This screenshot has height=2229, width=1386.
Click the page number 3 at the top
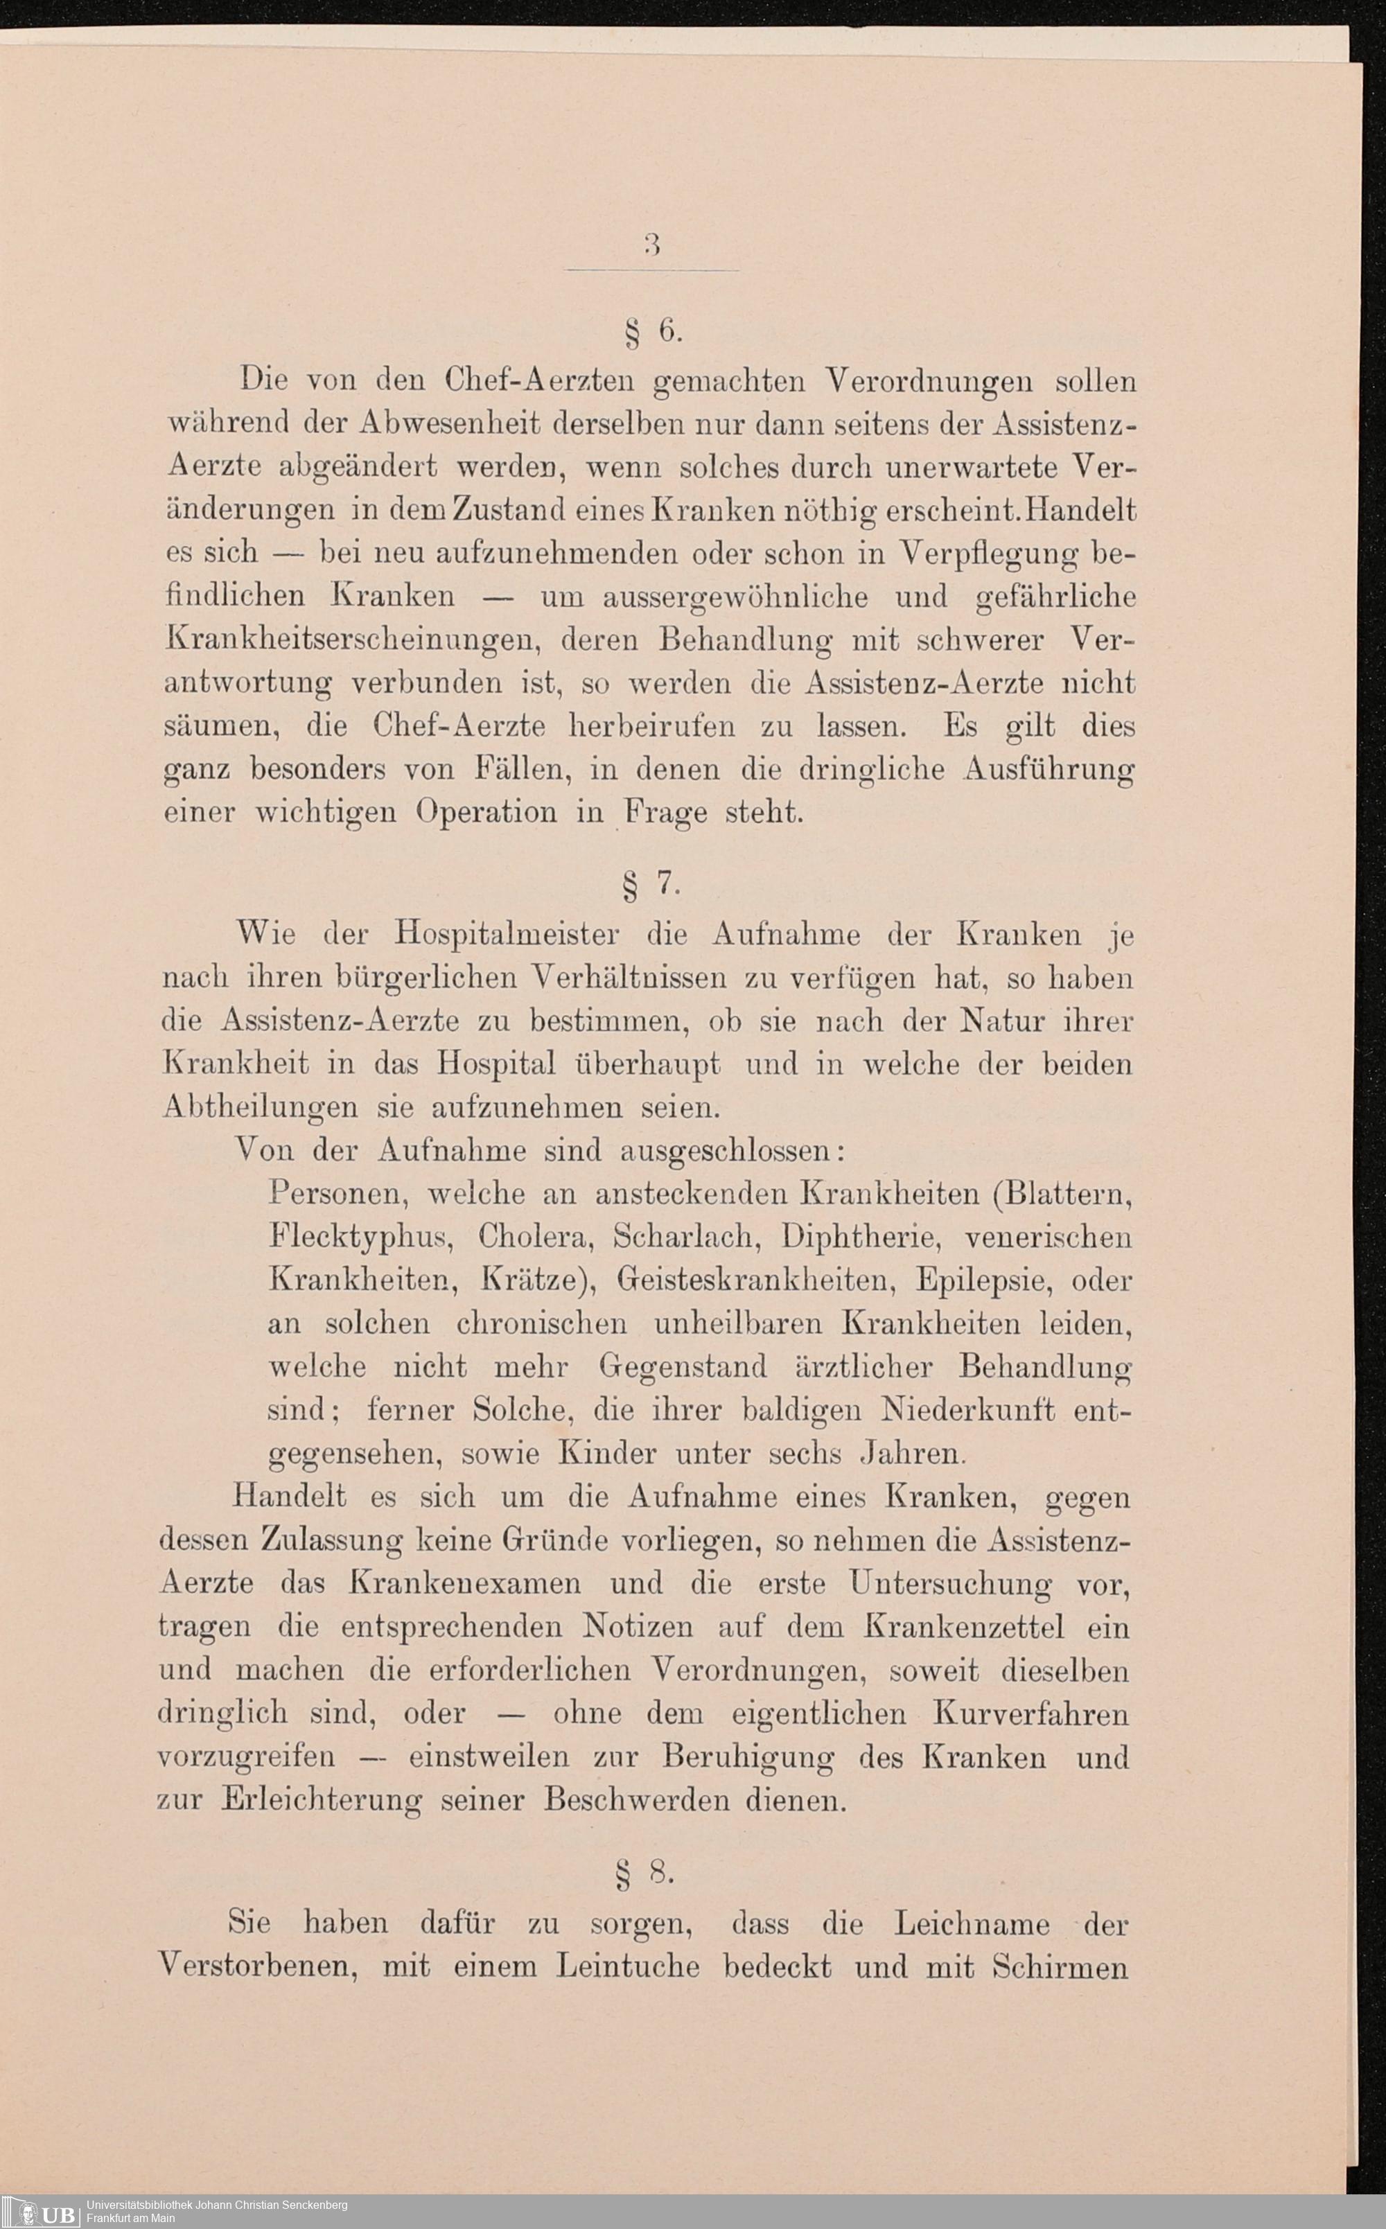point(651,244)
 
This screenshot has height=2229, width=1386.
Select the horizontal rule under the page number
point(651,270)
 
